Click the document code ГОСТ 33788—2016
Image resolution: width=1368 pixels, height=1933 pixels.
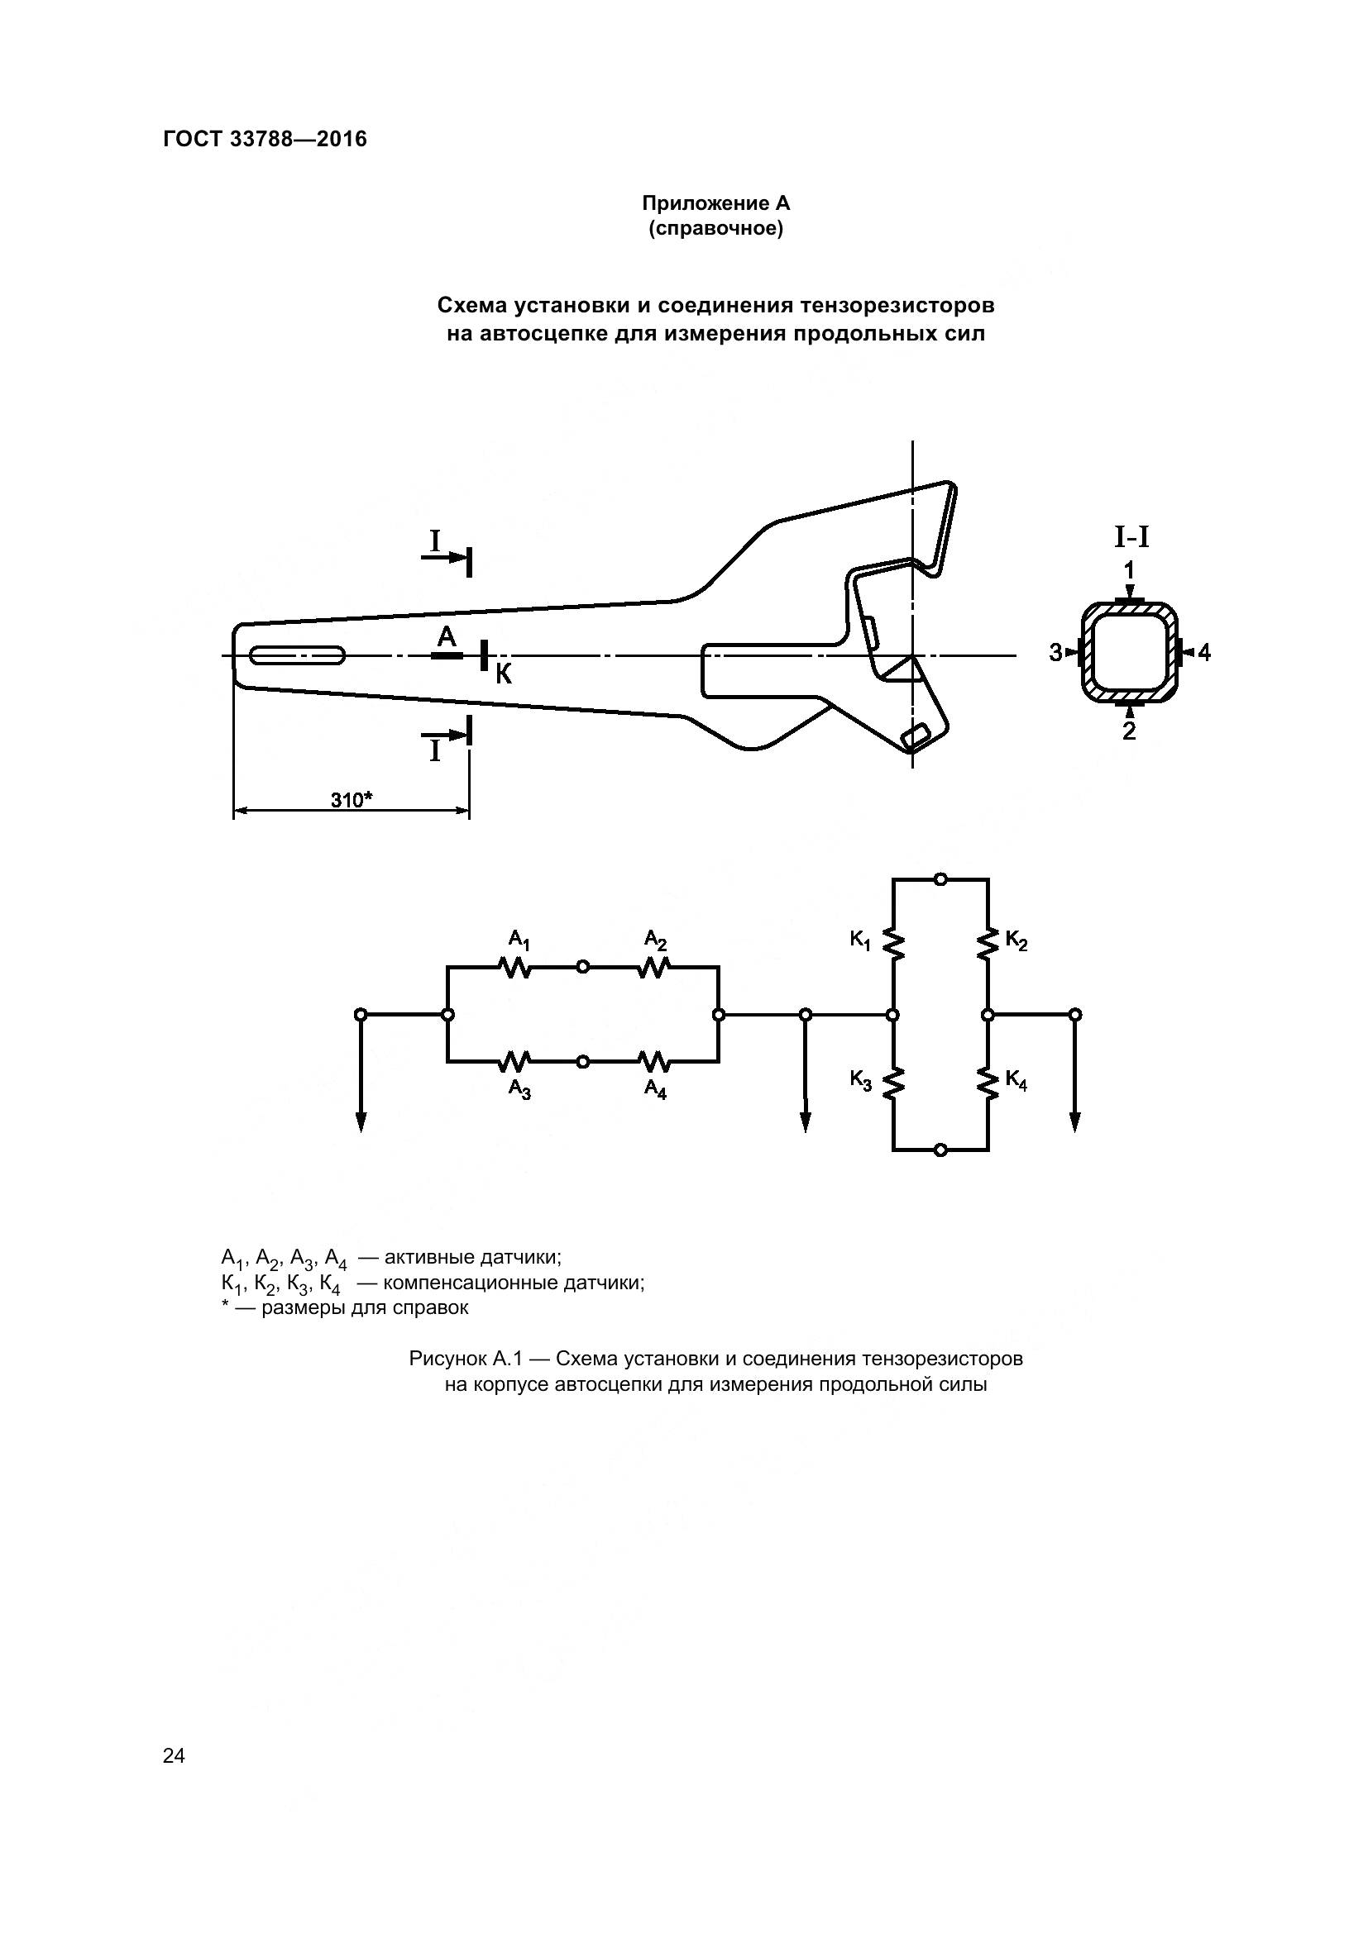click(x=265, y=139)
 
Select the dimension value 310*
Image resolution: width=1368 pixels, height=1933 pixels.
click(x=352, y=799)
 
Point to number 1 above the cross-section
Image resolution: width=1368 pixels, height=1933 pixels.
click(x=1129, y=571)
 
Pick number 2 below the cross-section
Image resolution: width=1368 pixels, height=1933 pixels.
click(x=1129, y=731)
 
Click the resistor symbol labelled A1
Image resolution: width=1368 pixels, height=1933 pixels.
click(x=514, y=968)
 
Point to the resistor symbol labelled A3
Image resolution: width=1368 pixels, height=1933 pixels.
click(x=514, y=1062)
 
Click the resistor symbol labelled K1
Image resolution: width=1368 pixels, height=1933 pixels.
click(x=894, y=945)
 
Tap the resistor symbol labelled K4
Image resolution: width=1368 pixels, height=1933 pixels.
click(x=988, y=1082)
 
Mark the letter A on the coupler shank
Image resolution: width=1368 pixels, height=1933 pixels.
click(x=447, y=637)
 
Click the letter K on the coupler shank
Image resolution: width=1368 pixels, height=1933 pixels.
click(x=504, y=674)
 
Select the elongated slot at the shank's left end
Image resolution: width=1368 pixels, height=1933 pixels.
click(x=298, y=656)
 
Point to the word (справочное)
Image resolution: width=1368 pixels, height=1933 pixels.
click(x=715, y=228)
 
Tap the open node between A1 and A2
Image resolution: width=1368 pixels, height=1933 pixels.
click(x=583, y=968)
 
